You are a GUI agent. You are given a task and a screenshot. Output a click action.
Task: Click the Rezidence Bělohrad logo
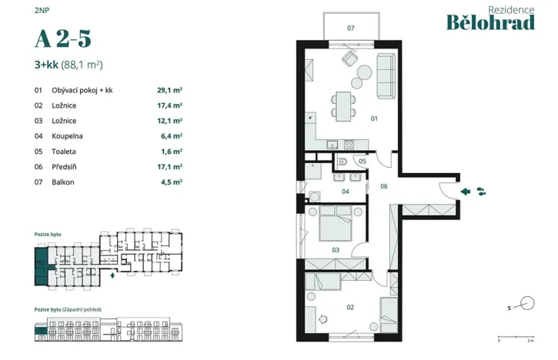(x=490, y=18)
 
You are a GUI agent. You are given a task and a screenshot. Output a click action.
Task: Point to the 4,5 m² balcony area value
(x=171, y=182)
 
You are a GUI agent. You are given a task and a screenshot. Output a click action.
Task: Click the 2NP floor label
(x=40, y=9)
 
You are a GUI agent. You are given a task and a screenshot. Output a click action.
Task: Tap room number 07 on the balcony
(x=350, y=28)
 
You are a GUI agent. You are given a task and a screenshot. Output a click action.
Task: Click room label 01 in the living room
(x=374, y=118)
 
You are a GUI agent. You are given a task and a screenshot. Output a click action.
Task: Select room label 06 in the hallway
(x=383, y=185)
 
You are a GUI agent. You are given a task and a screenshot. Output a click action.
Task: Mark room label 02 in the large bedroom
(x=350, y=307)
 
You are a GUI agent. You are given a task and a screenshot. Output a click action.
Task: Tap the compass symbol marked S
(x=526, y=303)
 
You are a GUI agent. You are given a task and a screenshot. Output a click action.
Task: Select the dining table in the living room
(x=343, y=104)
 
